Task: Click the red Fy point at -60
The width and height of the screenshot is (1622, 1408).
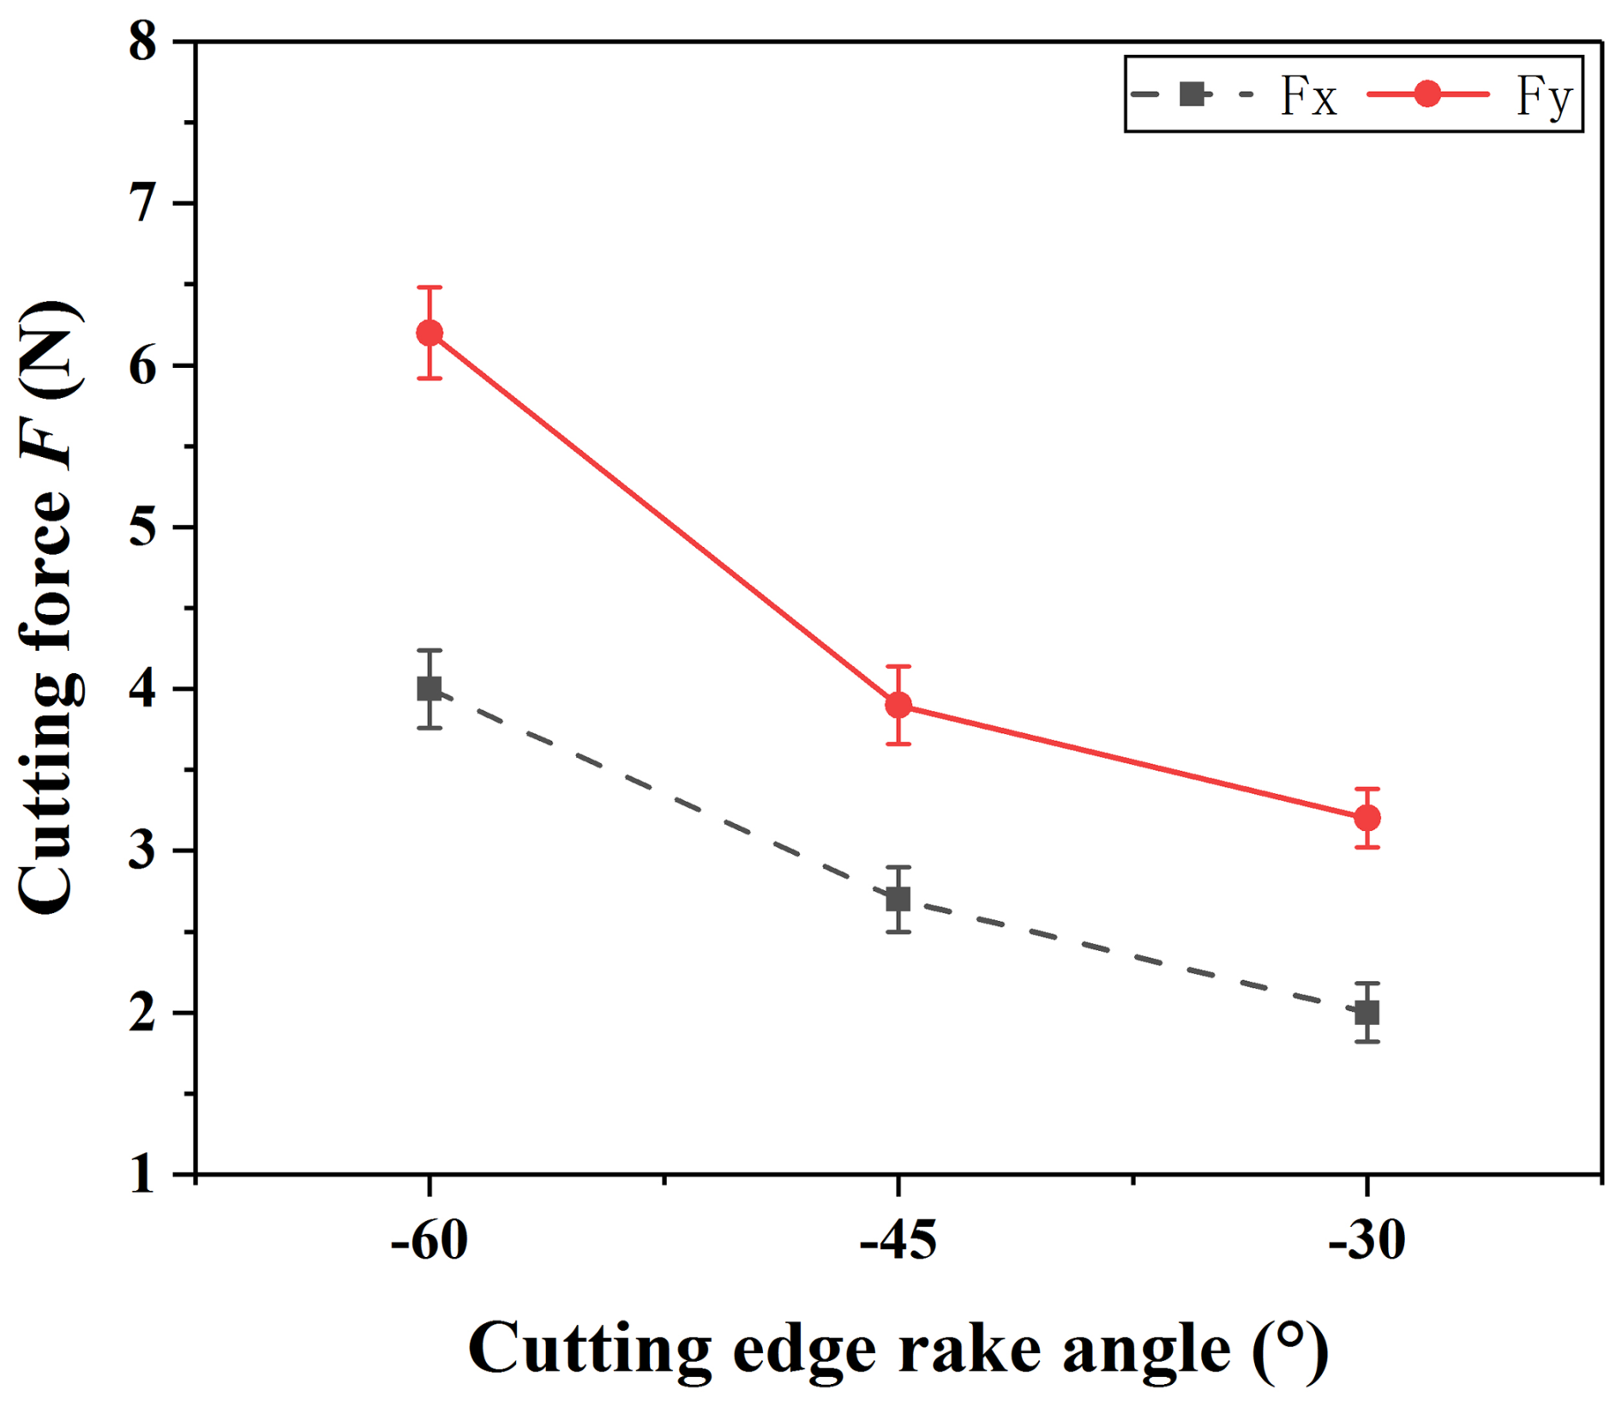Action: pyautogui.click(x=430, y=333)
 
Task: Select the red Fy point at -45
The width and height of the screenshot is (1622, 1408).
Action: pyautogui.click(x=898, y=705)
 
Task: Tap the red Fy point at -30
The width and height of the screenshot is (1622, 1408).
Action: pyautogui.click(x=1367, y=818)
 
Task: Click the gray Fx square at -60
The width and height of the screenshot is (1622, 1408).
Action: pyautogui.click(x=430, y=689)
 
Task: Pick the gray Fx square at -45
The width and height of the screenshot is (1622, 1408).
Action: pyautogui.click(x=898, y=900)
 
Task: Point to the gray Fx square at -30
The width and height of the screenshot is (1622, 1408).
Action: pyautogui.click(x=1367, y=1013)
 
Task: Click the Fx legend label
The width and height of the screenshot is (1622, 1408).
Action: pyautogui.click(x=1307, y=96)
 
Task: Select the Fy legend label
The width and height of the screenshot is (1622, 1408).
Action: pyautogui.click(x=1544, y=96)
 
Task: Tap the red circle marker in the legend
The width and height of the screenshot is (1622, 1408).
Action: pyautogui.click(x=1427, y=93)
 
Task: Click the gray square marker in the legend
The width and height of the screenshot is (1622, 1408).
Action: pyautogui.click(x=1192, y=93)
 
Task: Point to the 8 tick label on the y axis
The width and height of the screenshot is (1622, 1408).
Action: pyautogui.click(x=143, y=41)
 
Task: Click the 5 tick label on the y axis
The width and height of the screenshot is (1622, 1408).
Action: pyautogui.click(x=143, y=527)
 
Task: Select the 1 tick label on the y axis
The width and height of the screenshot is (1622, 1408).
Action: pyautogui.click(x=143, y=1175)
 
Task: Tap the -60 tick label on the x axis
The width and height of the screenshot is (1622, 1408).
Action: pyautogui.click(x=430, y=1241)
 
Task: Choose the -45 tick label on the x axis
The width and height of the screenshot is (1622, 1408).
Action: pyautogui.click(x=898, y=1241)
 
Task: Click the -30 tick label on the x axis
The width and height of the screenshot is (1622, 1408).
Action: pyautogui.click(x=1367, y=1241)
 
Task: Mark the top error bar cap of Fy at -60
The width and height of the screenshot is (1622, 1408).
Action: pyautogui.click(x=430, y=287)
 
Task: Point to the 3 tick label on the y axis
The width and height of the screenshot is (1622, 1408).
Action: pyautogui.click(x=143, y=851)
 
